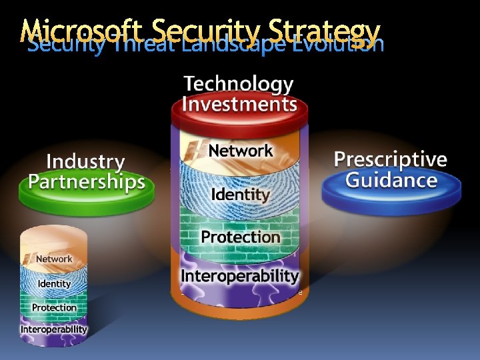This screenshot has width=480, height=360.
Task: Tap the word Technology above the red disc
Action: tap(238, 85)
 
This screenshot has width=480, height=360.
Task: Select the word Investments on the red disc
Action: tap(239, 105)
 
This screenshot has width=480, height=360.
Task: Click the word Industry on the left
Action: tap(85, 161)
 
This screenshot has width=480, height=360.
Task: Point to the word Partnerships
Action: tap(87, 182)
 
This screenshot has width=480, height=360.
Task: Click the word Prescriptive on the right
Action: tap(390, 159)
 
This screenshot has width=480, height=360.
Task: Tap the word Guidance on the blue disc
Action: tap(391, 180)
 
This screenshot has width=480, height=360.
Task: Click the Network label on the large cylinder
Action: tap(240, 151)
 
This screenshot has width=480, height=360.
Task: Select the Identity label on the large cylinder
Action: tap(240, 195)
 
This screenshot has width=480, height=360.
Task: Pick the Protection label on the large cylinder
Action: tap(240, 237)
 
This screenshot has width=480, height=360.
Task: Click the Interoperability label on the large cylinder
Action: tap(240, 275)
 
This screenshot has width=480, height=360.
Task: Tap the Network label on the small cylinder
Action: tap(54, 259)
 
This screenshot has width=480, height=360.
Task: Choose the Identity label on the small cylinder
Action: tap(54, 283)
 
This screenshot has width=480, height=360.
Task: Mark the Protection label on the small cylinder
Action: tap(54, 307)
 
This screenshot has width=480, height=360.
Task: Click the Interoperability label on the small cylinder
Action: tap(54, 329)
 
